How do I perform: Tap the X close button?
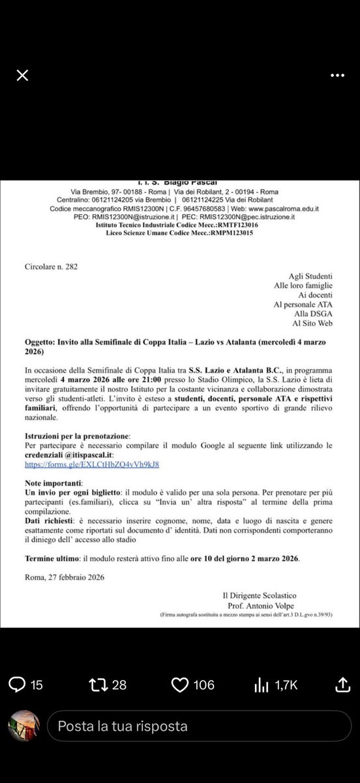pyautogui.click(x=22, y=76)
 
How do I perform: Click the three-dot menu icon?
pyautogui.click(x=337, y=76)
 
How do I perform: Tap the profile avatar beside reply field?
pyautogui.click(x=24, y=725)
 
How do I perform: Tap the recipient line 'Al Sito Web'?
pyautogui.click(x=311, y=323)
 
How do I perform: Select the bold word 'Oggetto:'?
pyautogui.click(x=43, y=343)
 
